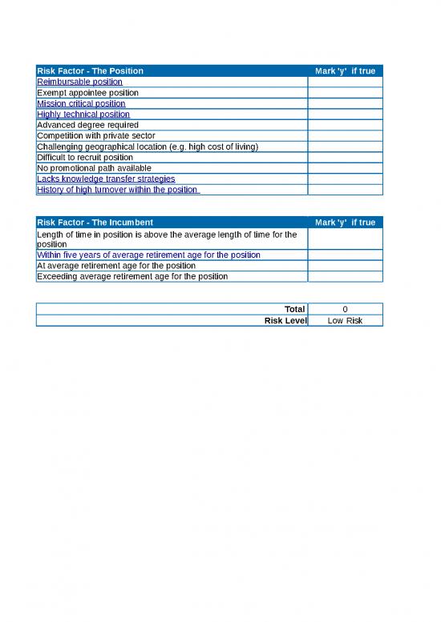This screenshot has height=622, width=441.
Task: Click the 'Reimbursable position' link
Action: (79, 82)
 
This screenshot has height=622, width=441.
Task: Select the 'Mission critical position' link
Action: (81, 103)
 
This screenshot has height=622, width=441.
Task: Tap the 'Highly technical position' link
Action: (83, 114)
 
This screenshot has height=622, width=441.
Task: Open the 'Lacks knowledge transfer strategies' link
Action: (106, 179)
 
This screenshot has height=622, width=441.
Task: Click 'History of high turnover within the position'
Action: (117, 190)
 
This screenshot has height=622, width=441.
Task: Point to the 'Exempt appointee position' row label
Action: (87, 93)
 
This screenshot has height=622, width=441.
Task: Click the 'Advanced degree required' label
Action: (87, 125)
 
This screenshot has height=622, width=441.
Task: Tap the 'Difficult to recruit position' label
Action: (85, 158)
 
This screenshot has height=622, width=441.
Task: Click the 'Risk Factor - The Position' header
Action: (91, 71)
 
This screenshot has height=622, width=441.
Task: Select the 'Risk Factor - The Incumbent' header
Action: (95, 222)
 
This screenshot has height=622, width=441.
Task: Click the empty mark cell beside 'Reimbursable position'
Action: (345, 82)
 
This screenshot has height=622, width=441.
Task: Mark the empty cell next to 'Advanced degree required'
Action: (345, 125)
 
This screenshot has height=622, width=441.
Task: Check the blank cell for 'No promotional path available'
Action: (345, 168)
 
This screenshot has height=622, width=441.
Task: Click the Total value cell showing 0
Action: (345, 309)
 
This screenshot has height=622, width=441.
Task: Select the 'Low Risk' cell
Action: (345, 320)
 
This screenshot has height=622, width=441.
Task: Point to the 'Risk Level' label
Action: (285, 320)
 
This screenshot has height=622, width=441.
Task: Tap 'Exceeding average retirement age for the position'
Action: (132, 276)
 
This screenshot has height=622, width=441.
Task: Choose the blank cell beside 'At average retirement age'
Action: (345, 266)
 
